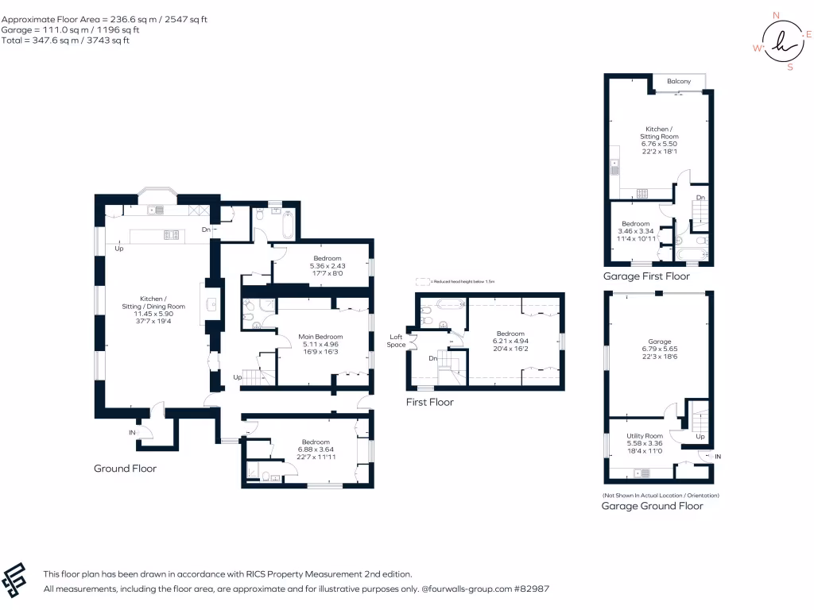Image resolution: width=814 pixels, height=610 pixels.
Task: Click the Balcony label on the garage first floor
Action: tap(678, 82)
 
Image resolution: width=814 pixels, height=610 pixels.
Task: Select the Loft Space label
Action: tap(396, 341)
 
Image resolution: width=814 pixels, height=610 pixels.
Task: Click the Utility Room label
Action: tap(644, 436)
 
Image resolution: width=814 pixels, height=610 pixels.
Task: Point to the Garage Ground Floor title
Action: tap(652, 506)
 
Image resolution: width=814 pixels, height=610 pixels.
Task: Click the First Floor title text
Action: tap(429, 403)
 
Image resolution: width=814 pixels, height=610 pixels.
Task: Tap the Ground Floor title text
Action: tap(125, 469)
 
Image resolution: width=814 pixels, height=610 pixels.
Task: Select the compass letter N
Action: tap(776, 14)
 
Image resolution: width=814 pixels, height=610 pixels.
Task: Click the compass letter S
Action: tap(789, 68)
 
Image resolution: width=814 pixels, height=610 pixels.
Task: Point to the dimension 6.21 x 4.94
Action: tap(510, 341)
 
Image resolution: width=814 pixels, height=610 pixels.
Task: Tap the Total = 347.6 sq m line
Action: tap(65, 41)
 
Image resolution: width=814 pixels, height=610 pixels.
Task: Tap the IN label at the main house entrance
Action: tap(132, 433)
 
